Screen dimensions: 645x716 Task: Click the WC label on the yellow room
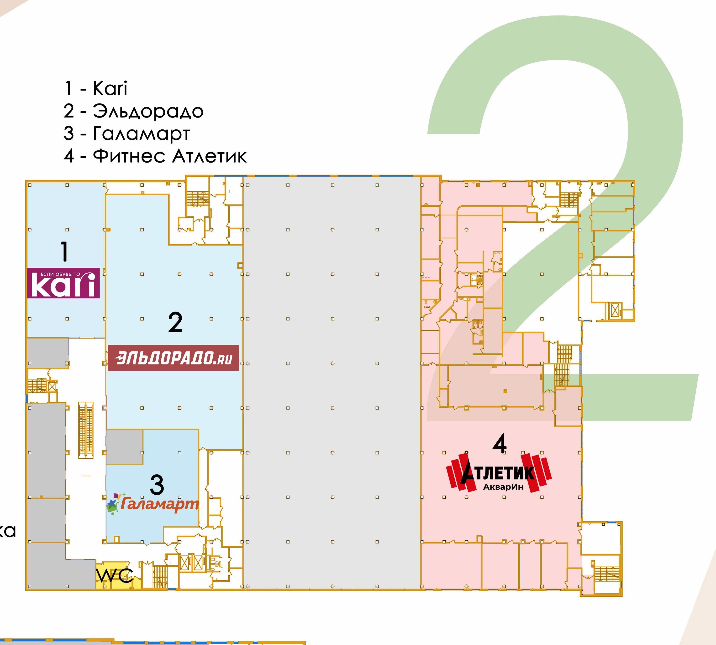tap(115, 576)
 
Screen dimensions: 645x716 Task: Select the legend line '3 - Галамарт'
tap(127, 134)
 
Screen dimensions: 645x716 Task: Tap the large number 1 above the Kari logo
tap(64, 252)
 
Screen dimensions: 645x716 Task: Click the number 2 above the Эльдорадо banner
tap(175, 322)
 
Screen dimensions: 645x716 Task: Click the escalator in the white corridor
tap(86, 430)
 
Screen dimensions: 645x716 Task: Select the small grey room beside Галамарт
tap(125, 446)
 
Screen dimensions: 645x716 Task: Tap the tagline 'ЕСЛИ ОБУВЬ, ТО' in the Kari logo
tap(60, 274)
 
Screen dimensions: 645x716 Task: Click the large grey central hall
tap(332, 383)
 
